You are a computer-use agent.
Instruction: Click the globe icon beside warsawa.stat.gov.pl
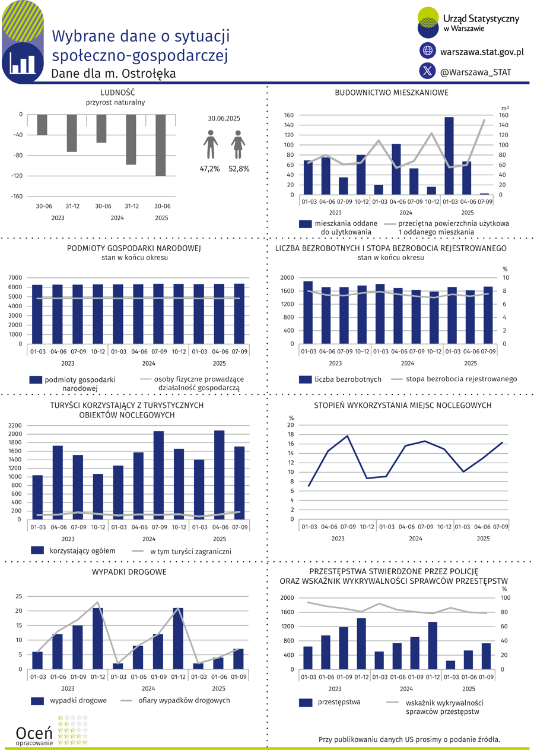point(428,51)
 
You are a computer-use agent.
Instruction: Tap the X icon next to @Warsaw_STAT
point(428,71)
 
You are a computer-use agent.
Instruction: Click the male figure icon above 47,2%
point(210,147)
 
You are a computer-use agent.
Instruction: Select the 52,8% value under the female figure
point(239,169)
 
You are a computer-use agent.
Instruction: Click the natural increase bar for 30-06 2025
point(161,145)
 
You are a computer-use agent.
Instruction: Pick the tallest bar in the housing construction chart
point(449,156)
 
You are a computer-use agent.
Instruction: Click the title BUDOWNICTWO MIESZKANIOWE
point(391,93)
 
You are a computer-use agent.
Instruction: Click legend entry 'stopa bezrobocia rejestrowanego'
point(462,379)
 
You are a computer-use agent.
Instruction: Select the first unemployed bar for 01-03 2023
point(308,312)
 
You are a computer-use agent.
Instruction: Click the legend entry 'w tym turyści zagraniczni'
point(190,552)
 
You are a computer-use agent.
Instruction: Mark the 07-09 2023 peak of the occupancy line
point(348,436)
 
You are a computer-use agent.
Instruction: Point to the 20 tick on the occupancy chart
point(291,425)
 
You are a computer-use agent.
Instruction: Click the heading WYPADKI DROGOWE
point(129,572)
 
